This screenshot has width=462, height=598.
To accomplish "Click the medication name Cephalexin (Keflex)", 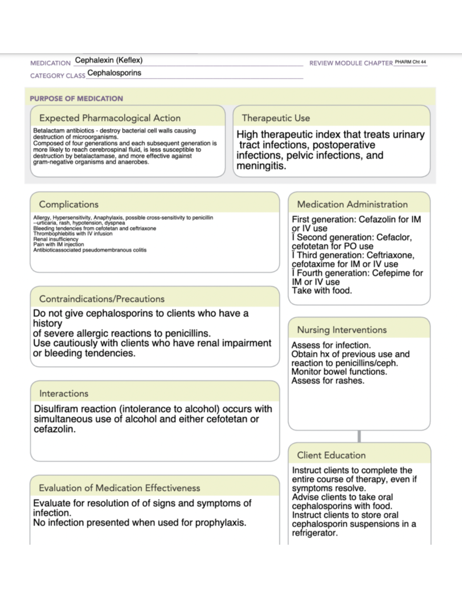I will (x=109, y=60).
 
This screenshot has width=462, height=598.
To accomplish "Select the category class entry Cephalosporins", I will (x=114, y=73).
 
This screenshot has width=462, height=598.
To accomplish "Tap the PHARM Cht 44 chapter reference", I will (x=410, y=62).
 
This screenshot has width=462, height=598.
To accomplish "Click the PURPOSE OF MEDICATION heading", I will (x=76, y=99).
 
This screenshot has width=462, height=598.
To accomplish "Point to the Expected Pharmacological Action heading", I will (x=110, y=118).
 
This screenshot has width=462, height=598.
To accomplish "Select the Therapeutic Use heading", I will (x=276, y=118).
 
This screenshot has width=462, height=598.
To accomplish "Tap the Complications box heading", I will (x=69, y=204).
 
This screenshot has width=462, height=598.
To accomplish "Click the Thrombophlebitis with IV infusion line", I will (x=73, y=234).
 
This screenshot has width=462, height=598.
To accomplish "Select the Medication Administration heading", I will (x=352, y=204).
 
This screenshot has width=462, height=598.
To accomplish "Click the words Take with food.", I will (x=321, y=291).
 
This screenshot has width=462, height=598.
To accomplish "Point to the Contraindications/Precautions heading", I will (x=102, y=299).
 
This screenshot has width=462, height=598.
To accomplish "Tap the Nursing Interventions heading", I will (x=341, y=330).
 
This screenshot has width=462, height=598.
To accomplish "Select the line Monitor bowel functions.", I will (x=339, y=372).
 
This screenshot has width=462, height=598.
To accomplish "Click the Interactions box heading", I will (x=64, y=394).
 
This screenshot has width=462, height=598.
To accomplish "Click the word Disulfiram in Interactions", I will (x=55, y=409).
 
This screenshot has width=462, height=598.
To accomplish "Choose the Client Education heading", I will (x=331, y=455).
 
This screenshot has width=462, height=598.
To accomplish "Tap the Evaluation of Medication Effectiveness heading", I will (x=119, y=488).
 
